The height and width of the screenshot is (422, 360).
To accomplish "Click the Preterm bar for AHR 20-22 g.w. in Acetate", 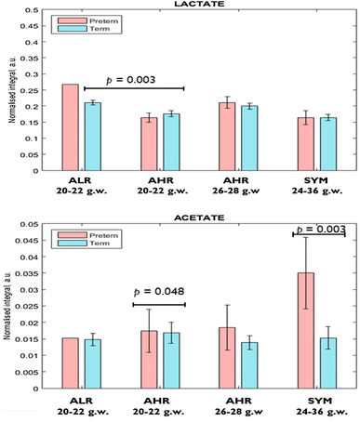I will coord(149,352).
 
